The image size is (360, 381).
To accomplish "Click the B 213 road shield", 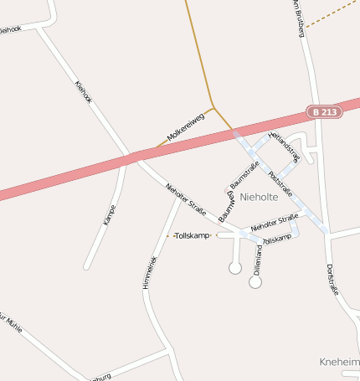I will click(325, 111).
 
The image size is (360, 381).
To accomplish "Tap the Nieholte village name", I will click(263, 196).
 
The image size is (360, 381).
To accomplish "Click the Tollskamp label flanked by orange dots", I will click(193, 235).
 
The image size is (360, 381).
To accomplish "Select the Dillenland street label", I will click(258, 260).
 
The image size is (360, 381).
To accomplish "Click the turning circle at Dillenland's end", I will click(255, 282).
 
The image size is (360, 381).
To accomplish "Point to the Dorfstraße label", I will click(333, 280).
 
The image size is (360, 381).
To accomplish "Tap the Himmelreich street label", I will click(150, 272).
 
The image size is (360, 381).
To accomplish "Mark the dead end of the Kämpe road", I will click(86, 268).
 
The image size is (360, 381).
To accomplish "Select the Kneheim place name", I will click(339, 362).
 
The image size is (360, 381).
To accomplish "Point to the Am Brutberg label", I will click(297, 18).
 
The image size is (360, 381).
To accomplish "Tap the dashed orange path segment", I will click(332, 13).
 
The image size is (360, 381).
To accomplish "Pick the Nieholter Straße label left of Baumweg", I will click(186, 199).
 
